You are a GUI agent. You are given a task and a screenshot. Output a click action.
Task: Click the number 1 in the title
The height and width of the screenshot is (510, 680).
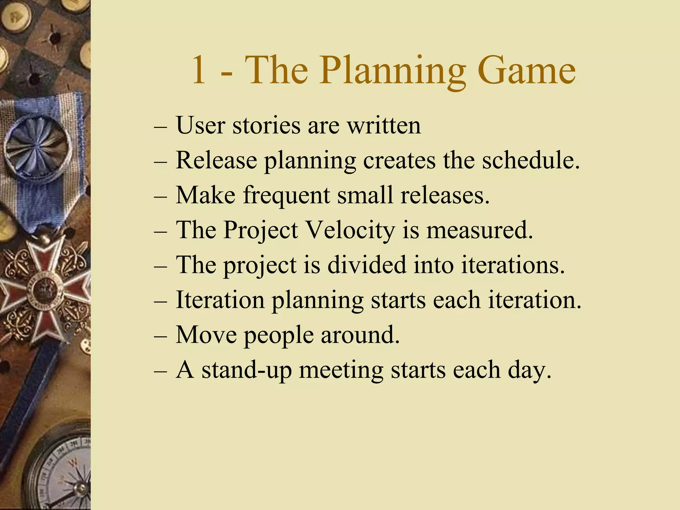(x=199, y=70)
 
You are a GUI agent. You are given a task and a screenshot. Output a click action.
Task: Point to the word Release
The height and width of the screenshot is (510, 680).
(x=216, y=160)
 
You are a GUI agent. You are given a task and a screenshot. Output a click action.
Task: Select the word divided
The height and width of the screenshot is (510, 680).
(x=367, y=265)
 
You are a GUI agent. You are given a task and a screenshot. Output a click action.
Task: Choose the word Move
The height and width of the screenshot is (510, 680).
(x=206, y=335)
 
